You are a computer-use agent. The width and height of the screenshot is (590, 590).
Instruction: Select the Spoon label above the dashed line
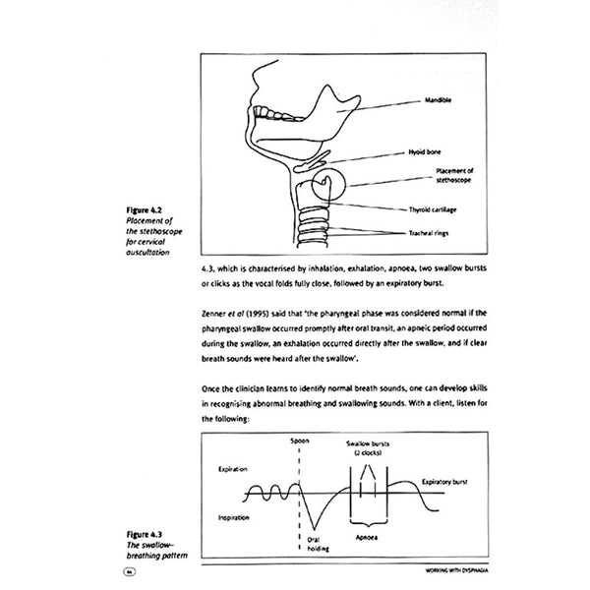[x=299, y=440]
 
